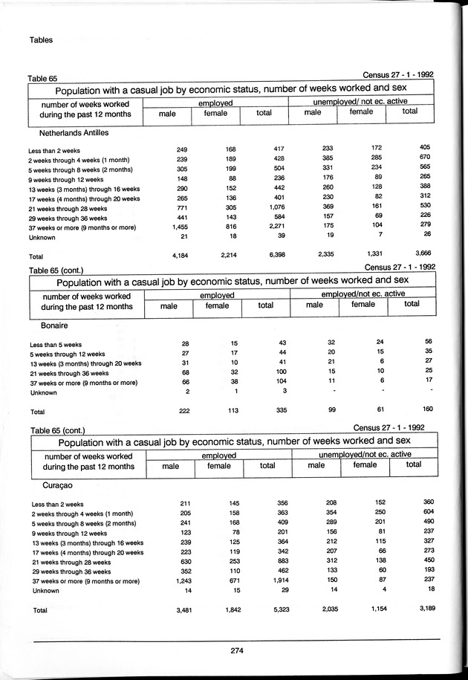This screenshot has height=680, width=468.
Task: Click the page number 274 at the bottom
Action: click(237, 650)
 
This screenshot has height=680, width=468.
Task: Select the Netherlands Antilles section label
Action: click(70, 132)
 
